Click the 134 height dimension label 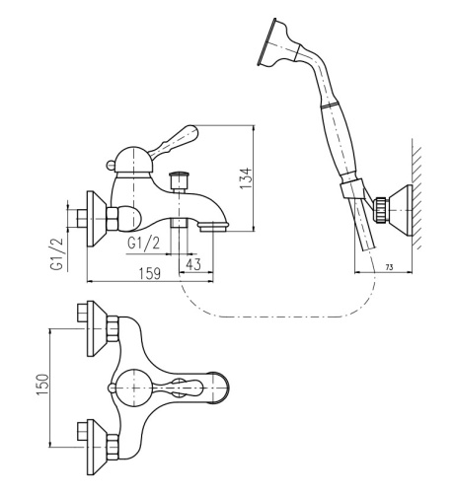[246, 178]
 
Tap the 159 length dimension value [149, 273]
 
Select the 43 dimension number [193, 264]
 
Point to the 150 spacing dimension [42, 385]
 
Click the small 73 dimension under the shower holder [389, 267]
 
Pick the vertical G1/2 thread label [57, 253]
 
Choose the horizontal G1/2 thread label [144, 244]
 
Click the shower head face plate [265, 41]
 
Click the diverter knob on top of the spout [178, 179]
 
